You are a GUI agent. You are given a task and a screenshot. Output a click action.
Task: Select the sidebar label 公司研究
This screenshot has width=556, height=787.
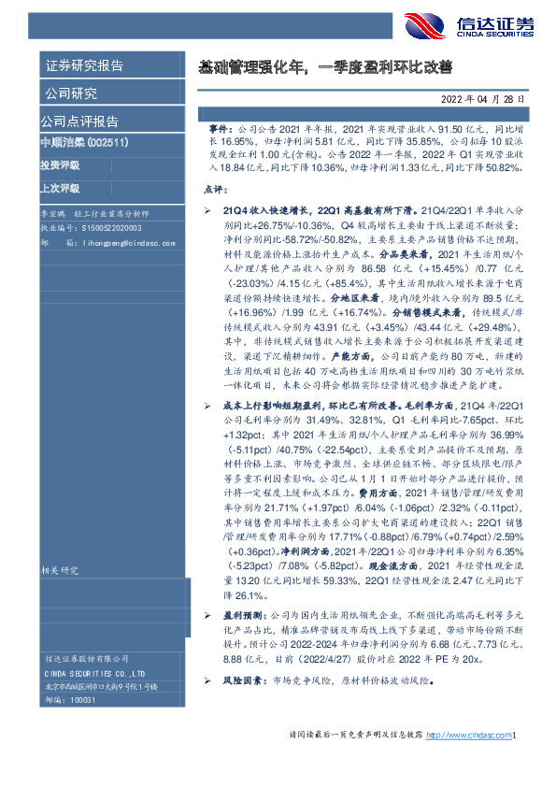[69, 93]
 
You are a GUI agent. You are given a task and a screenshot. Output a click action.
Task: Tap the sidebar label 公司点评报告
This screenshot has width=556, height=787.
[79, 121]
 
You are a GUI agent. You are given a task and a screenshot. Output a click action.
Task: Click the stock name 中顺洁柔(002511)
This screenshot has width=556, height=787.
[84, 142]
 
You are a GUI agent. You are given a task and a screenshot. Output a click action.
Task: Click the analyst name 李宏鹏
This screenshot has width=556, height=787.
[55, 214]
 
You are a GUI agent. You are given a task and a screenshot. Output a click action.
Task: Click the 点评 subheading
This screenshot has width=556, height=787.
[214, 188]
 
